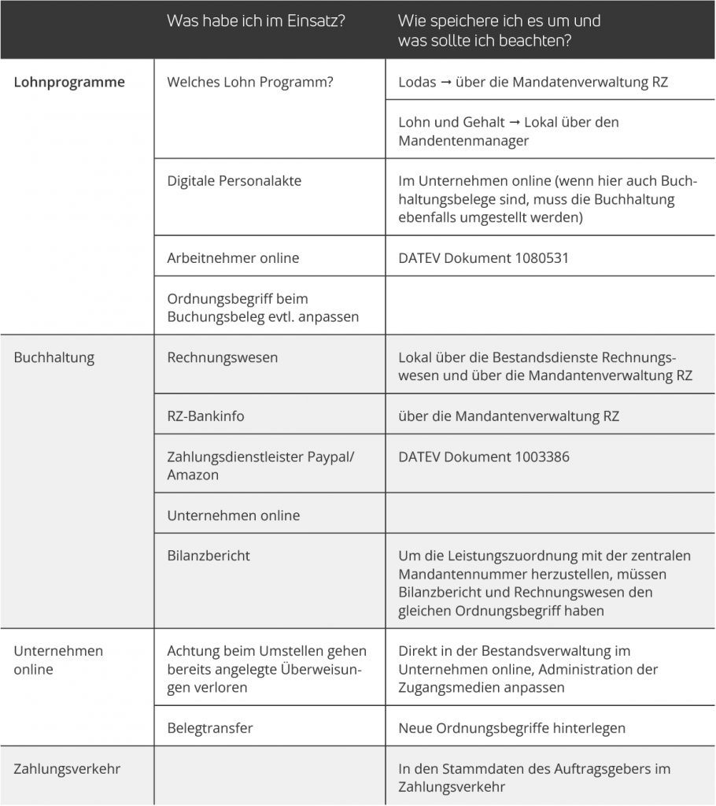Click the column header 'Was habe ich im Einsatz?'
click(256, 21)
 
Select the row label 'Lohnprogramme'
click(69, 82)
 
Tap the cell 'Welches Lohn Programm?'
click(250, 82)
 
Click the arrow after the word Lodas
click(446, 83)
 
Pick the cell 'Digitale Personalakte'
click(234, 180)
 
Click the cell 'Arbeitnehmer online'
click(233, 257)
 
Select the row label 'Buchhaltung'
click(54, 357)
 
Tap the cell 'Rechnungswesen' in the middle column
click(223, 357)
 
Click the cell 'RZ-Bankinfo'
click(206, 416)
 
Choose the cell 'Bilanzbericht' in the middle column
click(209, 555)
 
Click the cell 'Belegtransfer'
click(210, 728)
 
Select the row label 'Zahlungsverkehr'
click(67, 768)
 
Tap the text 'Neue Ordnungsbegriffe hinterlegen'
click(511, 728)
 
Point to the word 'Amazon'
click(193, 475)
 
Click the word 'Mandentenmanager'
click(463, 141)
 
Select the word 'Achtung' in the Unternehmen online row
click(192, 651)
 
